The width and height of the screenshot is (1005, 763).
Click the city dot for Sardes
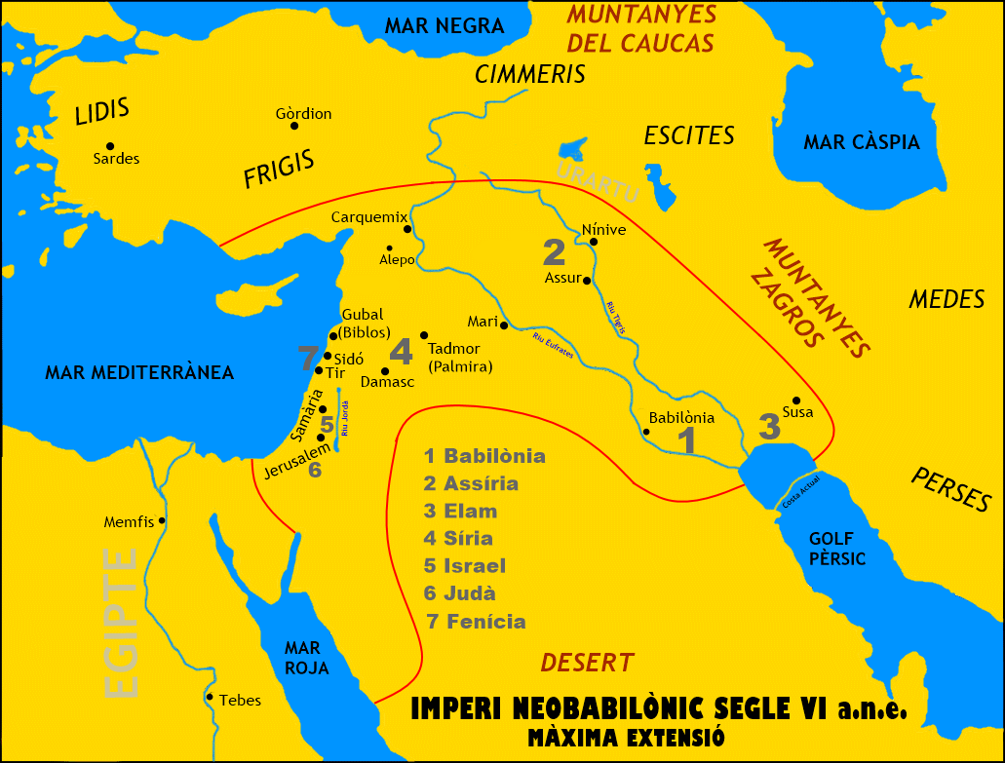[111, 146]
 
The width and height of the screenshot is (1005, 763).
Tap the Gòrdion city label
[303, 114]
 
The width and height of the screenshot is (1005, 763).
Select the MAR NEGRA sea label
[445, 26]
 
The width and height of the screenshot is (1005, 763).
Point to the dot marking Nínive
[594, 242]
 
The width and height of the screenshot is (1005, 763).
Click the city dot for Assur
[587, 279]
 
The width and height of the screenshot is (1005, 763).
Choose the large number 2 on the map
[554, 252]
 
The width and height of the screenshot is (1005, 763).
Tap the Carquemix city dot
[407, 229]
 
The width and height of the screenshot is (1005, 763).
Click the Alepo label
[397, 260]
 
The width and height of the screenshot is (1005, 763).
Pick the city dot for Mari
[504, 325]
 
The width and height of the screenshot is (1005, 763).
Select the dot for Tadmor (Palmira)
[424, 335]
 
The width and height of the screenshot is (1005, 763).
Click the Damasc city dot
[385, 371]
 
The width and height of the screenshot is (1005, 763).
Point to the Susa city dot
[796, 401]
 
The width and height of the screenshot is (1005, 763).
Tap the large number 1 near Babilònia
[687, 440]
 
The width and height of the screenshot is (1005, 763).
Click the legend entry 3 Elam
[460, 512]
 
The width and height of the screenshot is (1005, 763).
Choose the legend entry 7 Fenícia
[476, 622]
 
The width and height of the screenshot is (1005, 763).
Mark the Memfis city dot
[162, 520]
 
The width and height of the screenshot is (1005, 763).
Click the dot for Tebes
[210, 697]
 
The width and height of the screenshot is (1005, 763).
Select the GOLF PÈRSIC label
[837, 549]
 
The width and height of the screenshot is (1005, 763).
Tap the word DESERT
[587, 664]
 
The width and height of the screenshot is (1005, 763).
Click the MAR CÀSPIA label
[861, 143]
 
